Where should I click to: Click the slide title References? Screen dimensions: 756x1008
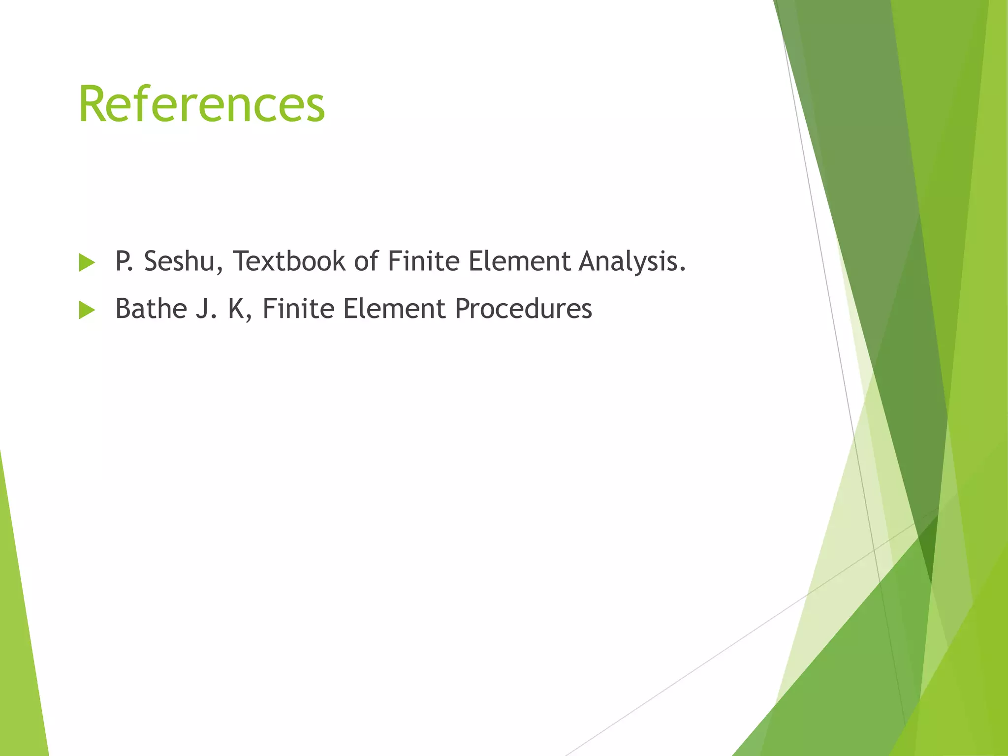point(202,104)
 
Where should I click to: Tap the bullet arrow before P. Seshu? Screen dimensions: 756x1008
point(87,263)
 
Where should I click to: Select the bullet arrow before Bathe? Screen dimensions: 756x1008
point(87,311)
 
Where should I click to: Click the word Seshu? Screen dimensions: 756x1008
point(179,261)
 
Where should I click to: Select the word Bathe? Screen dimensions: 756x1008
point(151,309)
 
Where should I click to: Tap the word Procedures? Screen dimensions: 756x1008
point(523,309)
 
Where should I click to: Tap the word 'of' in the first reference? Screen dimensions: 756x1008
point(366,261)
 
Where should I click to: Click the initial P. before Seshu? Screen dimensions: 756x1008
point(124,261)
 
